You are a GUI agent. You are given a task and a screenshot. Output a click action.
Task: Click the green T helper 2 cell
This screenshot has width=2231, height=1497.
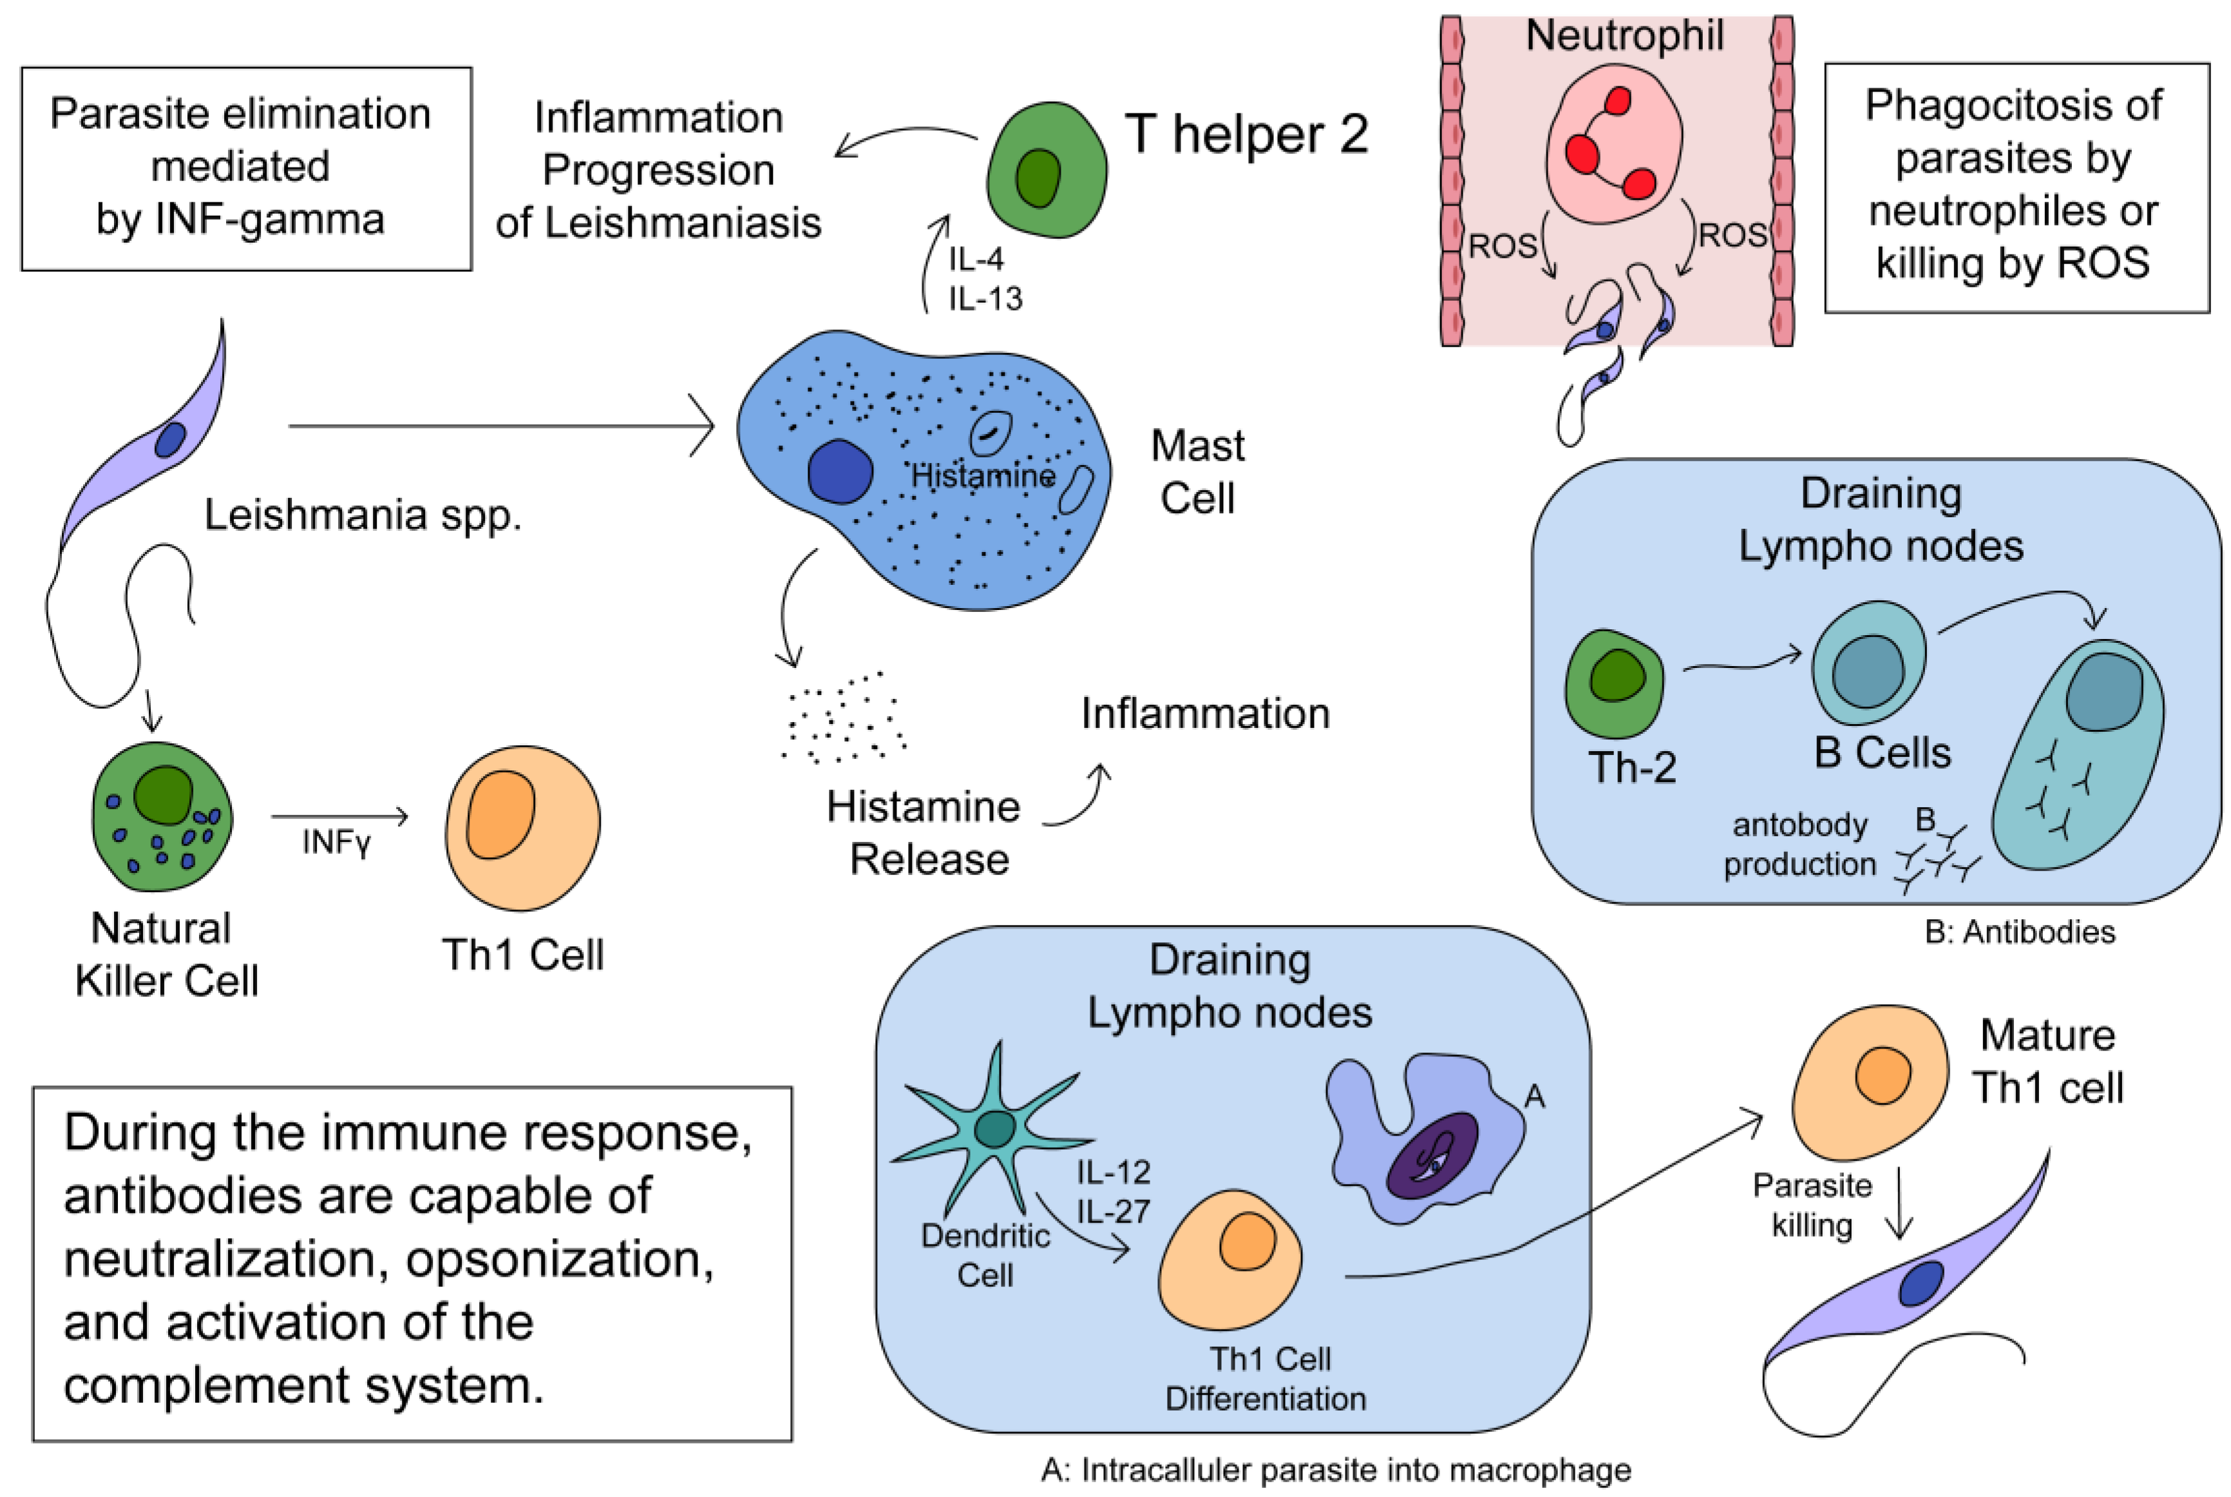(1045, 170)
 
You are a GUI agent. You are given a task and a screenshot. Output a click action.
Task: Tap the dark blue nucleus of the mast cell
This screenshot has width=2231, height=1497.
(839, 472)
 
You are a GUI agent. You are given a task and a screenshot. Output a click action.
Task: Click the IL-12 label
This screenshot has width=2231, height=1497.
(1113, 1172)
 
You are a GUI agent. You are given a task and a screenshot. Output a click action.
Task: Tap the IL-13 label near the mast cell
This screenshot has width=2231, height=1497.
(985, 299)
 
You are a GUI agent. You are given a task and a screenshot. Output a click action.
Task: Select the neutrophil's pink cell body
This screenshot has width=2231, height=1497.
(1613, 143)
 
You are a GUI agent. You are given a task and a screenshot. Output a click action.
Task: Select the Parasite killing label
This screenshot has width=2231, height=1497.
(1811, 1205)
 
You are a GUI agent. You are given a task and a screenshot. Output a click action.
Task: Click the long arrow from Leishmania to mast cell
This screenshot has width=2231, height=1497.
(500, 426)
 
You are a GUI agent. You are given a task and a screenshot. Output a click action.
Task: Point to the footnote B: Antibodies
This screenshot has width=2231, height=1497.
(2019, 932)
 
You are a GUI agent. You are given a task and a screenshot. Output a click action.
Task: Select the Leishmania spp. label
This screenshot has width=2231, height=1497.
(363, 515)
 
